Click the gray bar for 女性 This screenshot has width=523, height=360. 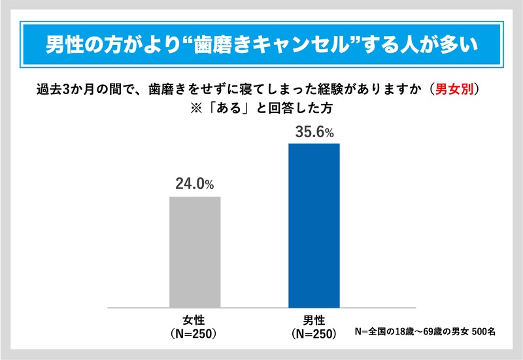tap(195, 251)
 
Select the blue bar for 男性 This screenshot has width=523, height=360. tap(314, 225)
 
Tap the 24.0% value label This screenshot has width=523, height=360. tap(194, 185)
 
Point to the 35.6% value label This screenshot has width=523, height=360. tap(313, 132)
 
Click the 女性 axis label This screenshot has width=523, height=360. tap(194, 320)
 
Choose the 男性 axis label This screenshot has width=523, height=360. tap(314, 320)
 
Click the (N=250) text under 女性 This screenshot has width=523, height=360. tap(194, 333)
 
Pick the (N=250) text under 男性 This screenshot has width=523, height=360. tap(314, 333)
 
